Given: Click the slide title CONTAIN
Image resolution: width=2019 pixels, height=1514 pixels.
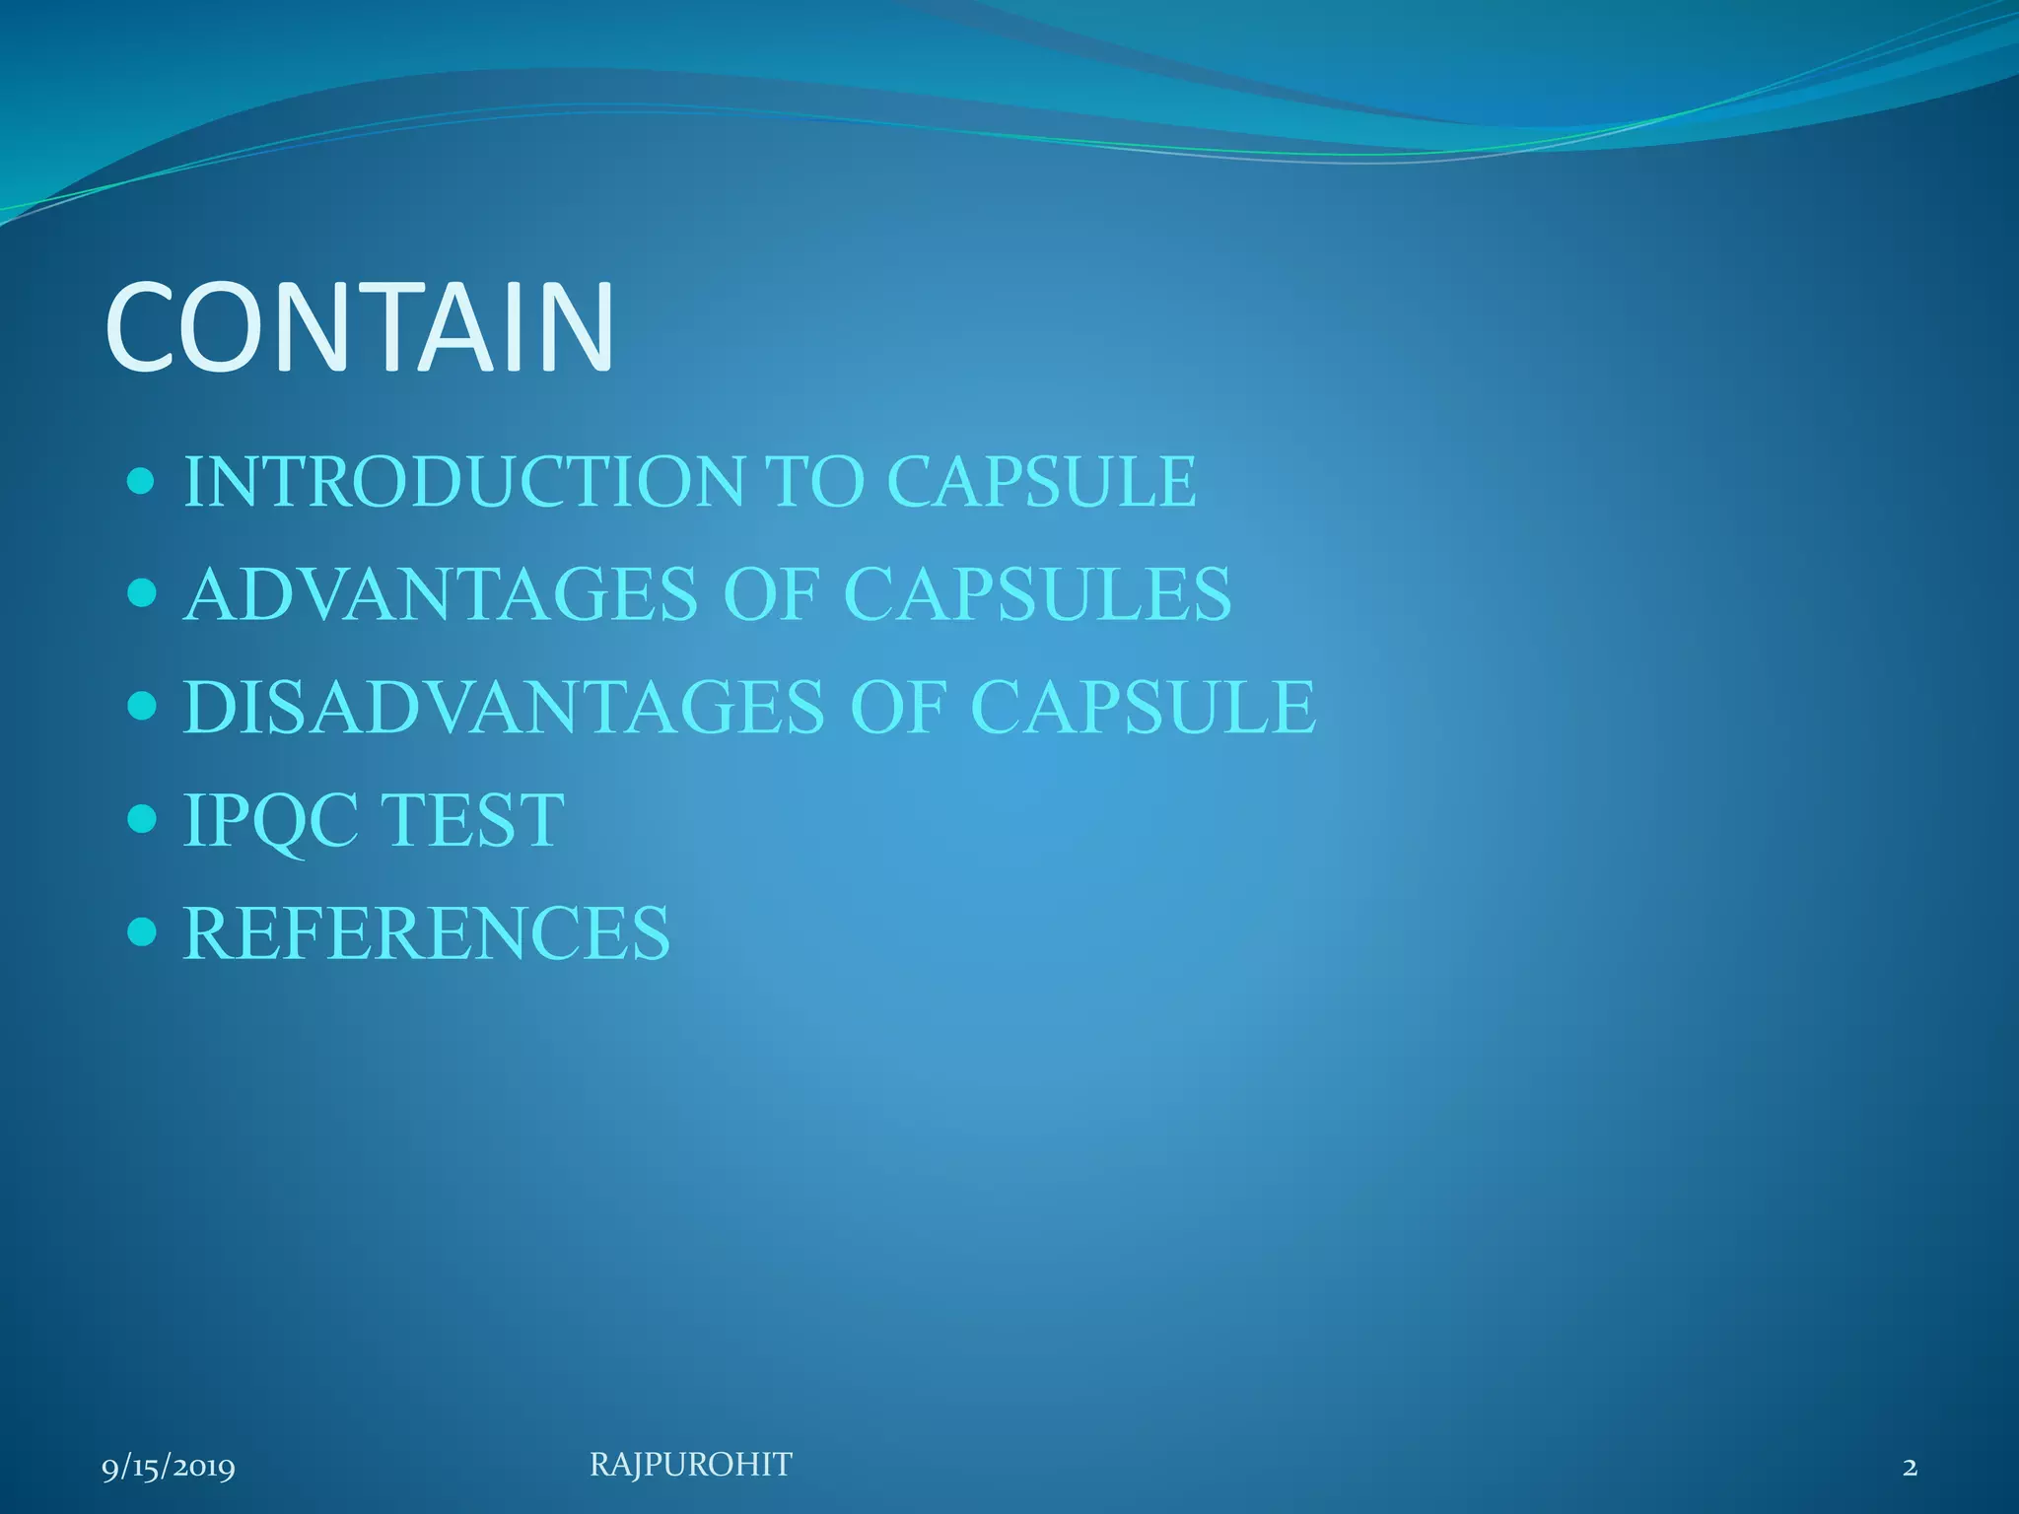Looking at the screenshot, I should pos(360,327).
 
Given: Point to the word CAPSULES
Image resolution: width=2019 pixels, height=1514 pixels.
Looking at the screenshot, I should pos(1038,594).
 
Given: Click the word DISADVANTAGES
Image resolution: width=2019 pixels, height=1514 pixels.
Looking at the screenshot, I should pos(504,707).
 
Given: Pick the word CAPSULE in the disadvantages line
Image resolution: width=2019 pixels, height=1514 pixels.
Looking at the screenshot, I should pos(1144,707).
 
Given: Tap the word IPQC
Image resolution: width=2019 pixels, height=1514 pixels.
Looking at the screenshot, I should pos(271,820).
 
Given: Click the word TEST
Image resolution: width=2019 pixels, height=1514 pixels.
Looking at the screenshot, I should pos(472,820).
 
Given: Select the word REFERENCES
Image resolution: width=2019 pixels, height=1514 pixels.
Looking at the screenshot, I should pos(427,932).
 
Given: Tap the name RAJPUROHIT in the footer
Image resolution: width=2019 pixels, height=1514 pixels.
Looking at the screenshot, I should pos(690,1466).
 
